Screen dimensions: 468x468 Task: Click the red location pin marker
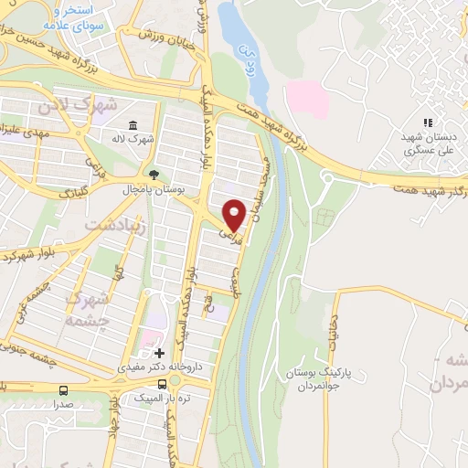point(234,214)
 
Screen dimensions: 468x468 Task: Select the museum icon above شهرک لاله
point(134,125)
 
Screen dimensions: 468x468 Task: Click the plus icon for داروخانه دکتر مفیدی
point(160,352)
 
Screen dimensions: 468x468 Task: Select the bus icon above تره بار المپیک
point(162,384)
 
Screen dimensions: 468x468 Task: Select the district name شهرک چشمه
point(90,310)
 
